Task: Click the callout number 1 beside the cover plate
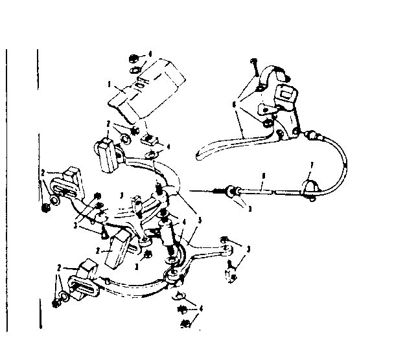pyautogui.click(x=110, y=84)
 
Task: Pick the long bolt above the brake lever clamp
pyautogui.click(x=255, y=67)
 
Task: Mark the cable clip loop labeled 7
pyautogui.click(x=310, y=189)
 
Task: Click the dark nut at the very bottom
pyautogui.click(x=185, y=321)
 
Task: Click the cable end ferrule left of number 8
pyautogui.click(x=228, y=192)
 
